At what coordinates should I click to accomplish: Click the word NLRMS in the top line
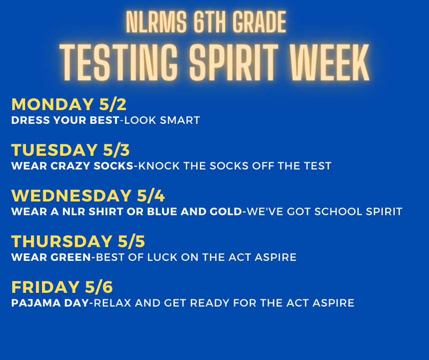click(x=154, y=22)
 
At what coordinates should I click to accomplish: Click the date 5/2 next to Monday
click(x=112, y=105)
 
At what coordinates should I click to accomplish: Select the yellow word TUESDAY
click(x=52, y=150)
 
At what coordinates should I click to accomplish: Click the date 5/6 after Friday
click(x=99, y=287)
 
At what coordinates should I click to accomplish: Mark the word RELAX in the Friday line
click(x=113, y=303)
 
